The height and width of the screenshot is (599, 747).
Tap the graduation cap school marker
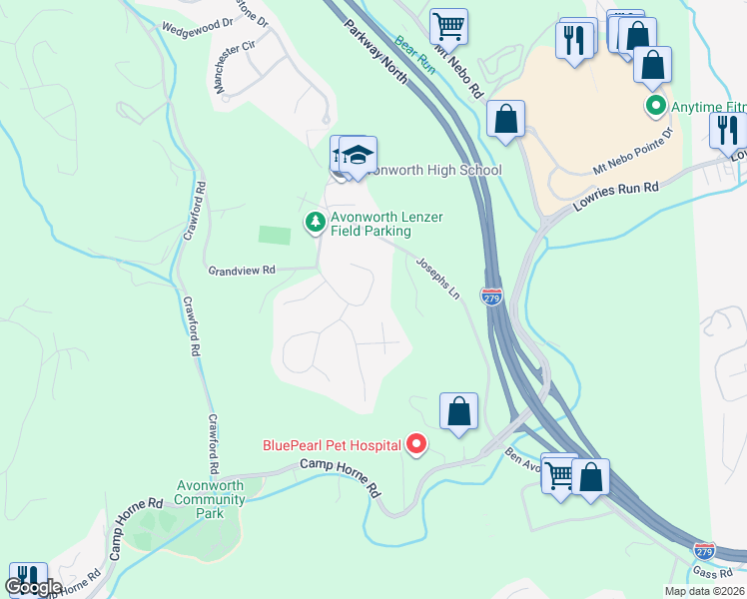358,154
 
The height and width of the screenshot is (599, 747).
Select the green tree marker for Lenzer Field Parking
316,222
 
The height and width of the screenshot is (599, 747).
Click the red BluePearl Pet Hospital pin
416,445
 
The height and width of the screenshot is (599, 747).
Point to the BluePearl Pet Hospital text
332,445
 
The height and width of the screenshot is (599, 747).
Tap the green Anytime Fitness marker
655,104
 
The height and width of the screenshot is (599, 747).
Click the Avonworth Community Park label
210,499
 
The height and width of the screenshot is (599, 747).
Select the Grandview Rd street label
241,271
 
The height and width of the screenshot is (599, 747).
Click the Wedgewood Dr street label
196,27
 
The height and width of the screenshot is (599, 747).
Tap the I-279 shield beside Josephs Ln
490,297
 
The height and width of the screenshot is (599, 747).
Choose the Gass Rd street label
714,572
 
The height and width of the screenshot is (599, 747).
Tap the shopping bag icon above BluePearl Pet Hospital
458,410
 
